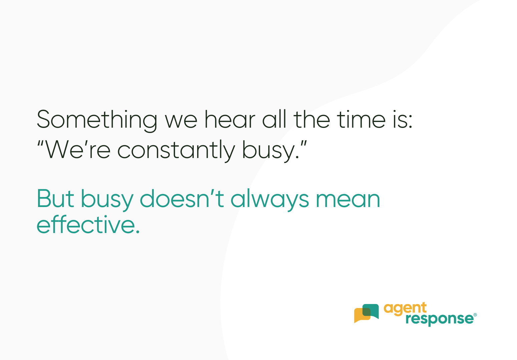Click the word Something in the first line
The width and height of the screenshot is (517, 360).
(x=97, y=120)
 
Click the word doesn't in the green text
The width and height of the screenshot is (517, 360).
(x=182, y=199)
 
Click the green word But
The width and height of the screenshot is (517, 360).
(x=55, y=199)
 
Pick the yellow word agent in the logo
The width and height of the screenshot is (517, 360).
(x=405, y=309)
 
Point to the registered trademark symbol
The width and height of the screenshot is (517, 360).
(x=475, y=315)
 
